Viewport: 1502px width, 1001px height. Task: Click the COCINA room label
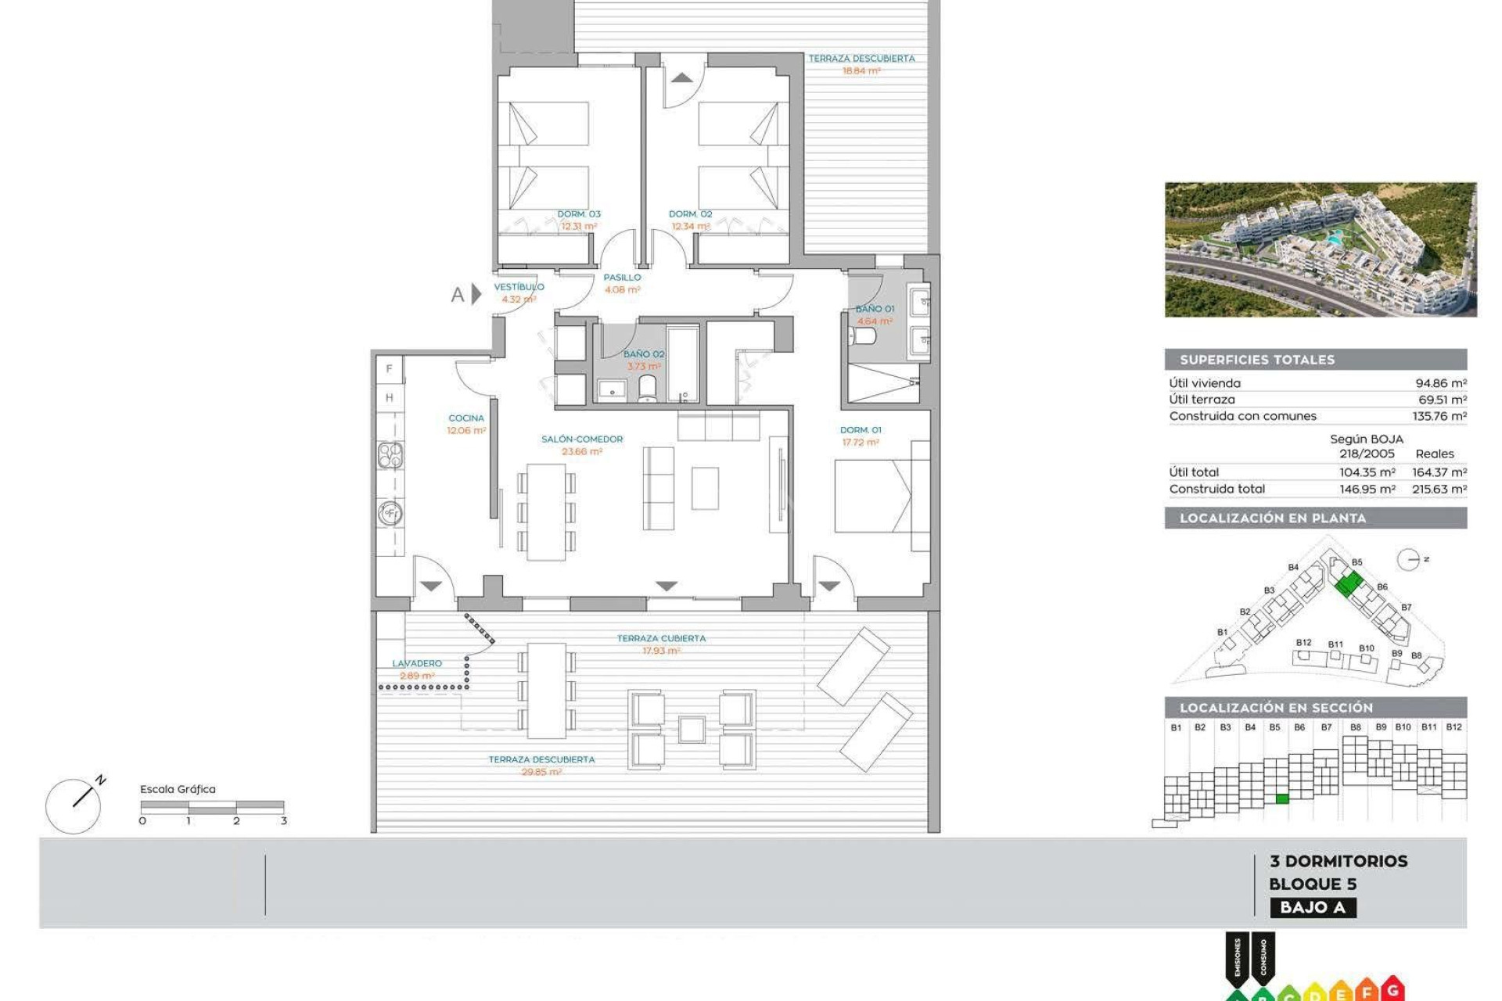(466, 418)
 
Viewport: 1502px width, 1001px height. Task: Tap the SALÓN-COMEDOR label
(582, 440)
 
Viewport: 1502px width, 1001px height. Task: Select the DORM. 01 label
(861, 430)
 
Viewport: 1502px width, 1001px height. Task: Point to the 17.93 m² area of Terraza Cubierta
(661, 651)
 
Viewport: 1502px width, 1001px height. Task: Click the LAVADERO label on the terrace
(417, 663)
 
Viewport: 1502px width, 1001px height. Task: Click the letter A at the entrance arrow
(458, 295)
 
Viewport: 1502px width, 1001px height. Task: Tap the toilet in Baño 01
(863, 336)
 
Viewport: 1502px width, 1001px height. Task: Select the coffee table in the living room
(705, 489)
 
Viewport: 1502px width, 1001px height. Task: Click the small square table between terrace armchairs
(692, 730)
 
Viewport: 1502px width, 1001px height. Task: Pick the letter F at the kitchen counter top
(389, 369)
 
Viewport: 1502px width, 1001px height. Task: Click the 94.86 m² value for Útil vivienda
(1441, 383)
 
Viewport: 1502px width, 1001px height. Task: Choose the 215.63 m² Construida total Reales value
(1439, 489)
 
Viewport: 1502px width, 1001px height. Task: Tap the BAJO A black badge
(1313, 908)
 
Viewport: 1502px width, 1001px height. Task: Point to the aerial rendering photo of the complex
(1321, 249)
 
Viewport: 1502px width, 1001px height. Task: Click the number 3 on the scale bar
(283, 821)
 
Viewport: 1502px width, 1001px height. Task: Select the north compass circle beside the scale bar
(73, 806)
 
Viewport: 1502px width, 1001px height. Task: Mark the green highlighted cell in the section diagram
(1281, 798)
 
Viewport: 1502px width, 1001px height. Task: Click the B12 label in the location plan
(1303, 643)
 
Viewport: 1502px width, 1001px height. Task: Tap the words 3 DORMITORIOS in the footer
(1339, 861)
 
